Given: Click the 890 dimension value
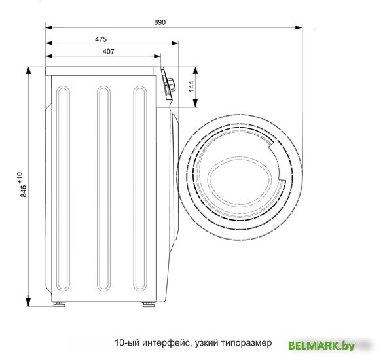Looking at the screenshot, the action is tap(160, 22).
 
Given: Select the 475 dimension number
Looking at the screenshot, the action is tap(101, 39).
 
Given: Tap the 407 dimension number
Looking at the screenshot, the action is tap(108, 51).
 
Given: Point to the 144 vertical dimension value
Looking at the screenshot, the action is tap(191, 86).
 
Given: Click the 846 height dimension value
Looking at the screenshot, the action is tap(24, 191).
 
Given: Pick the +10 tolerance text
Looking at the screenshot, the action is tap(20, 177).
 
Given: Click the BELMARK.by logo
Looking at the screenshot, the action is tap(321, 346).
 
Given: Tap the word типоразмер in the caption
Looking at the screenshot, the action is tap(246, 342).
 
